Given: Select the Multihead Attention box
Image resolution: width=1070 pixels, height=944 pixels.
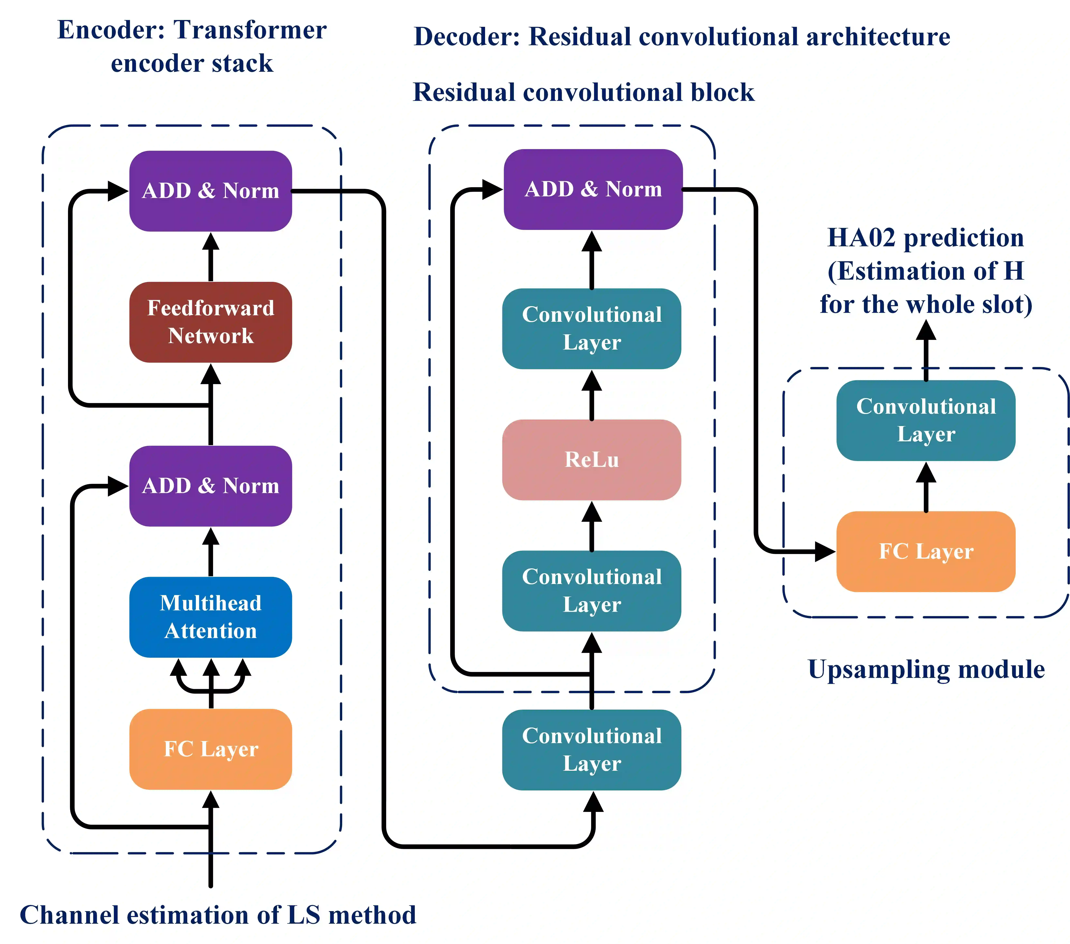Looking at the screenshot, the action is point(210,617).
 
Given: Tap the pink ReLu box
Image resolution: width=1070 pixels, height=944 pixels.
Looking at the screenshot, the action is point(592,460).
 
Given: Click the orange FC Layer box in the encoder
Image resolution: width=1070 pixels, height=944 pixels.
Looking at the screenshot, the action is point(210,749).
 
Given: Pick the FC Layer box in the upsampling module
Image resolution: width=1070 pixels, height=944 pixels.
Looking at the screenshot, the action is point(926,551).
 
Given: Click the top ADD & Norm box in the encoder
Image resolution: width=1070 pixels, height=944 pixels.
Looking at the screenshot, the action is point(210,191).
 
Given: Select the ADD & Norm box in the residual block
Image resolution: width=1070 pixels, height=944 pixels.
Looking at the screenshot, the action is point(593,189).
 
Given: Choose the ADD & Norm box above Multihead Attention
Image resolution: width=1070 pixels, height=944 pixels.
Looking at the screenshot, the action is point(210,486).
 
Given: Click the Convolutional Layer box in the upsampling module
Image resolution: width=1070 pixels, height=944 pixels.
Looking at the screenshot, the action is point(926,420).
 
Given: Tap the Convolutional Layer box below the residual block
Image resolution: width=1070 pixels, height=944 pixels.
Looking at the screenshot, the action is point(592,750).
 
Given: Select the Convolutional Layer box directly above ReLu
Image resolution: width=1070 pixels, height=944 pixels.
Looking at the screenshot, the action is point(592,328).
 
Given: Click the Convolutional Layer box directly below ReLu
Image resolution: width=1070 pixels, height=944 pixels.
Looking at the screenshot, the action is point(592,591).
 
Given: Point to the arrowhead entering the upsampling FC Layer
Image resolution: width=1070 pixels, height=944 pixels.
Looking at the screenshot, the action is point(826,551).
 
